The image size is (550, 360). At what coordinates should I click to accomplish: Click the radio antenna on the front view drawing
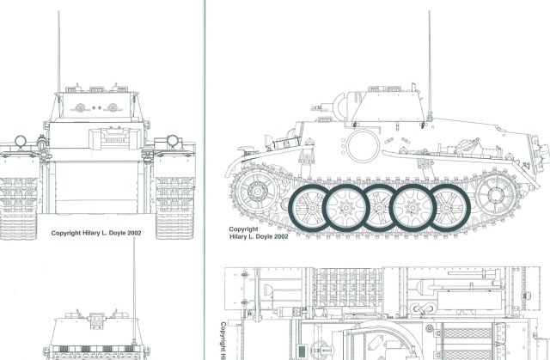point(58,52)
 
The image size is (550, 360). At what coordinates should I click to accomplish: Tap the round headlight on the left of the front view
point(21,141)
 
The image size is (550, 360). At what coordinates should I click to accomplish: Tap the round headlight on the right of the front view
point(173,141)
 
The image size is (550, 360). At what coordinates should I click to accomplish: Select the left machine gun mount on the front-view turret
point(80,108)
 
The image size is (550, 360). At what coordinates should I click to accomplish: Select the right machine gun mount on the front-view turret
point(113,107)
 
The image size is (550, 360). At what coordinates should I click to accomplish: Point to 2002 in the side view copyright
point(281,236)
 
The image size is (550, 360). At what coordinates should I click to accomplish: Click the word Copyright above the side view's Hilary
point(243,229)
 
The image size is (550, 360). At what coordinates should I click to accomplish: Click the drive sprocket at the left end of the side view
point(257,191)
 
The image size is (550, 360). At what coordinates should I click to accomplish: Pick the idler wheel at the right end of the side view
point(496,195)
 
